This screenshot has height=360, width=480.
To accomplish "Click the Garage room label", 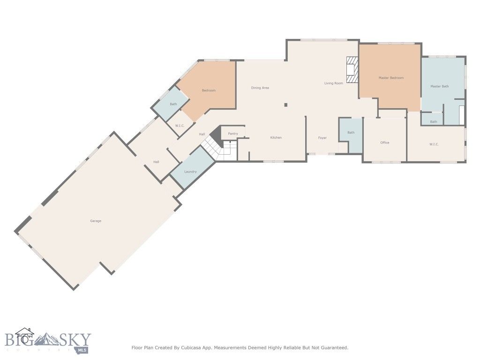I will click(96, 221).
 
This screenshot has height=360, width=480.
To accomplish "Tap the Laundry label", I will click(190, 172).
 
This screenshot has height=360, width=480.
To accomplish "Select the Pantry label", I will click(233, 134).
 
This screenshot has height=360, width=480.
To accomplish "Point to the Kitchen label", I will click(276, 137).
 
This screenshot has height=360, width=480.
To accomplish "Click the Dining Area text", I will click(260, 88).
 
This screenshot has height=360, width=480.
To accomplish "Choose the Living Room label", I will click(333, 83).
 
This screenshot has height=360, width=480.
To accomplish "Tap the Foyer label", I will click(322, 138).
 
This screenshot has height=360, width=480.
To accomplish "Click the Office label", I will click(385, 142).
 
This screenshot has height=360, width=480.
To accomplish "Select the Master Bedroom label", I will click(391, 78).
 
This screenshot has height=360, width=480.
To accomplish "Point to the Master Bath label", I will click(439, 86).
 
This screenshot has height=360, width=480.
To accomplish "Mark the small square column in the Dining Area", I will click(285, 105).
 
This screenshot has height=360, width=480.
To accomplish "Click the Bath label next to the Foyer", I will click(351, 133).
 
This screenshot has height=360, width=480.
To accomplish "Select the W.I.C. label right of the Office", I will click(434, 144).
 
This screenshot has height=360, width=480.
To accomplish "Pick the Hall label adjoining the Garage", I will click(156, 162).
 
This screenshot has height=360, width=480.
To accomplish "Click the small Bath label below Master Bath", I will click(434, 122).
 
